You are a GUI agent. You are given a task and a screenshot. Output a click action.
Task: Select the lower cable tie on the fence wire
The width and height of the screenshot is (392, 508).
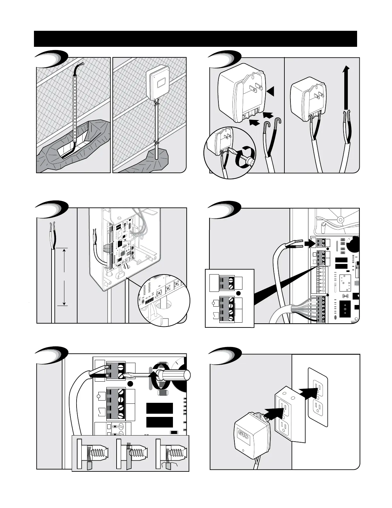(156, 142)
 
